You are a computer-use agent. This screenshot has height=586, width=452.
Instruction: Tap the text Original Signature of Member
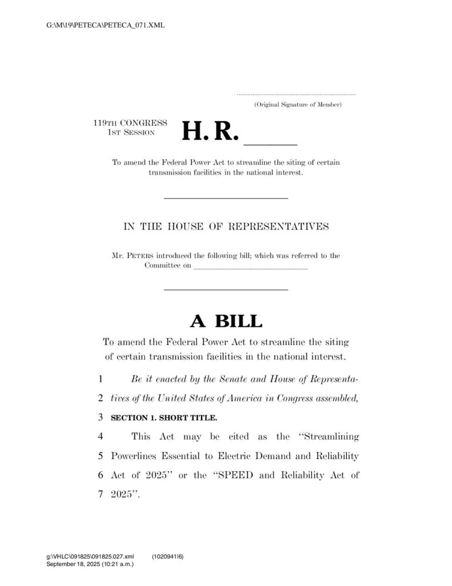pyautogui.click(x=298, y=105)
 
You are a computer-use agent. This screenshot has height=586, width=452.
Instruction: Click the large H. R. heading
pyautogui.click(x=209, y=132)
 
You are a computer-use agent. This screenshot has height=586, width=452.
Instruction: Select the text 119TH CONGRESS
pyautogui.click(x=130, y=123)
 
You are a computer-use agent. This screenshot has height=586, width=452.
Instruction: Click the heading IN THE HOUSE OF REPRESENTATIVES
pyautogui.click(x=226, y=227)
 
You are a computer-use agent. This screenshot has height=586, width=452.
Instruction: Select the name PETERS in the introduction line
pyautogui.click(x=140, y=256)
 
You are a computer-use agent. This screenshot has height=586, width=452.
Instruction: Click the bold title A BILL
pyautogui.click(x=226, y=322)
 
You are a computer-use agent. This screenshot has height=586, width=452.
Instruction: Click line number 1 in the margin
pyautogui.click(x=100, y=379)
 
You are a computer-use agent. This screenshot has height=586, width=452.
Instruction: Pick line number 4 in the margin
pyautogui.click(x=100, y=437)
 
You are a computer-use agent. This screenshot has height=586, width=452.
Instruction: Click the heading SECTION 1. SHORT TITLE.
pyautogui.click(x=164, y=418)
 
